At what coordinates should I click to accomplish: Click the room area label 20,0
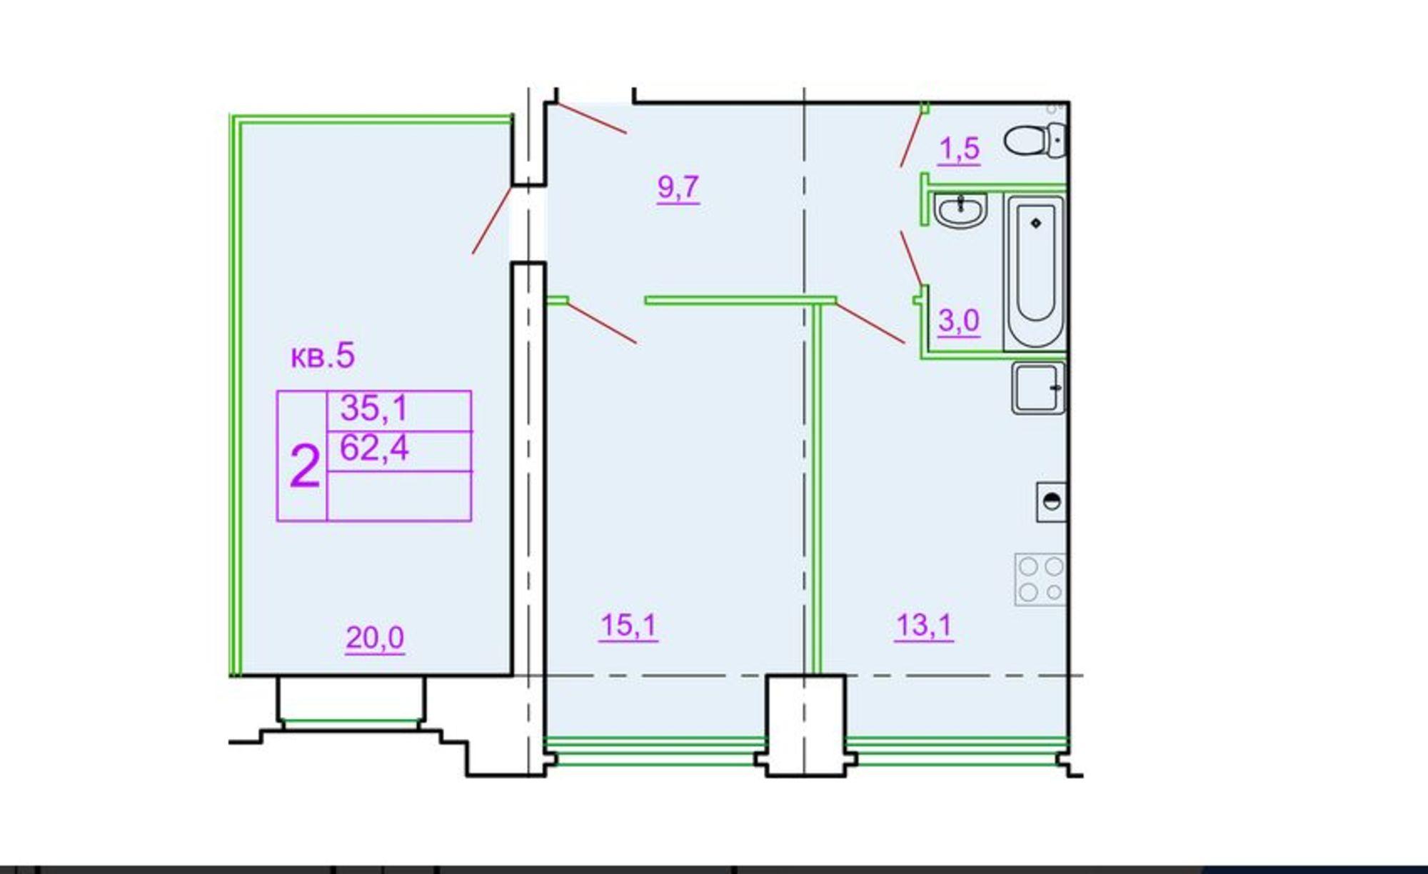point(375,637)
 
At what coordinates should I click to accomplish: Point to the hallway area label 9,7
point(678,187)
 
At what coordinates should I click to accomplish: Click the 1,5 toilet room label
point(959,149)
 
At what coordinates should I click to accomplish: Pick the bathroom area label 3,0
point(959,321)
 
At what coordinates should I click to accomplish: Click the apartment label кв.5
point(323,356)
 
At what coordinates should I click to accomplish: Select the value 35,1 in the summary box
point(373,408)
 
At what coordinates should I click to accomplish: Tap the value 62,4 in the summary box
point(373,448)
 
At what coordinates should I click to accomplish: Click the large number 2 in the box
point(305,466)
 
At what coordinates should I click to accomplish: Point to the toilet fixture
point(1036,139)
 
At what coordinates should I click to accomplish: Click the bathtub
point(1035,272)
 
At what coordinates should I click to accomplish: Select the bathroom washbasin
point(960,210)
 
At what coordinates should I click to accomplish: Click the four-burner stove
point(1040,579)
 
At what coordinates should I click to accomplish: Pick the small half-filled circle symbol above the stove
point(1052,501)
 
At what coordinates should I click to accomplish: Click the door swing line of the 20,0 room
point(493,219)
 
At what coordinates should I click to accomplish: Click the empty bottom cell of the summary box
point(399,496)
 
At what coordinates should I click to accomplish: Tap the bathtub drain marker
point(1036,223)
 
